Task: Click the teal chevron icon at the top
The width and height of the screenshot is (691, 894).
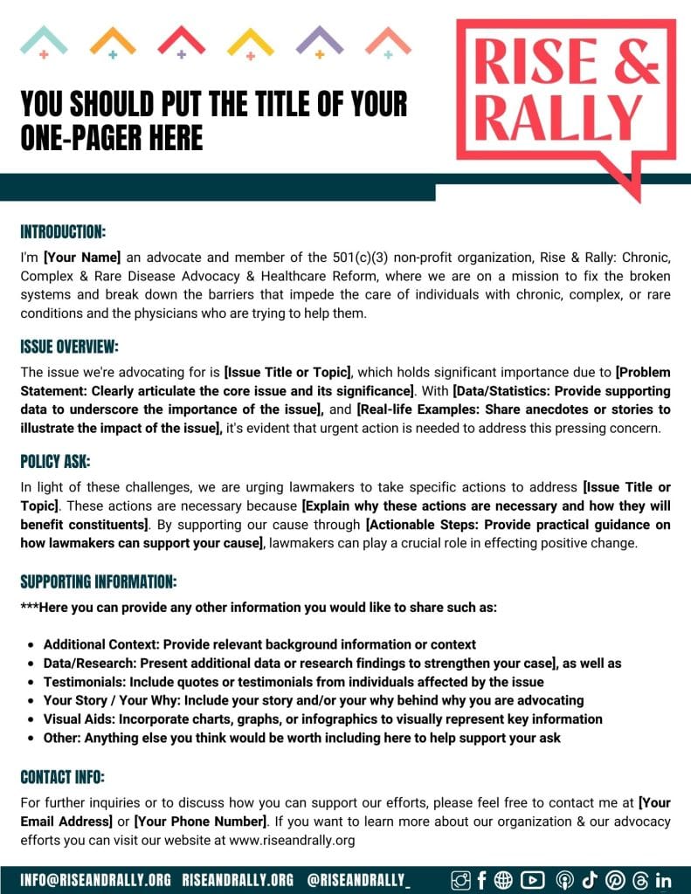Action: tap(44, 39)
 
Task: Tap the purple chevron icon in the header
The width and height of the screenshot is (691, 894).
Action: tap(319, 39)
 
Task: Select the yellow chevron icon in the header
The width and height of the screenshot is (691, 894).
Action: tap(250, 39)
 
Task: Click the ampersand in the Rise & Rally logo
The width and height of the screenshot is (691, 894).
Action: tap(638, 63)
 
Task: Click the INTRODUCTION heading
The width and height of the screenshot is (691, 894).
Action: tap(63, 232)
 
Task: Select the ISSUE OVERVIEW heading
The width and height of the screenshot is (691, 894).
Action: tap(69, 346)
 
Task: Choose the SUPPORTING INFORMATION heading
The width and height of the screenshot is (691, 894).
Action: tap(99, 581)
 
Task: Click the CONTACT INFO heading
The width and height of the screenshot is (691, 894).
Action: tap(62, 777)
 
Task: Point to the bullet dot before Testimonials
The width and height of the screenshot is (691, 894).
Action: tap(31, 683)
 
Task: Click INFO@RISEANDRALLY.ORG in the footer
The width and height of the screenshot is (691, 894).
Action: tap(95, 880)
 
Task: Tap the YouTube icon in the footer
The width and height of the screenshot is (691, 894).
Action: tap(532, 880)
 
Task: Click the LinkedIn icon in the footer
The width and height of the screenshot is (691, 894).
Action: tap(663, 880)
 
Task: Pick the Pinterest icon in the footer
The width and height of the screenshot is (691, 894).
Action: tap(615, 880)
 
